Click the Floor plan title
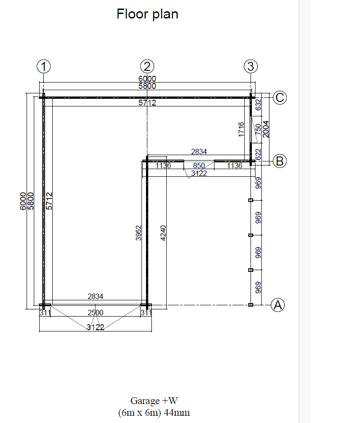[x=147, y=14]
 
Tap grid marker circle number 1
[x=44, y=66]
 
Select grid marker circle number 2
[x=147, y=66]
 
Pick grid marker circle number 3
[x=251, y=66]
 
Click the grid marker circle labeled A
[x=278, y=305]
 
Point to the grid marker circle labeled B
[x=280, y=161]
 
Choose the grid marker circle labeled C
[x=280, y=98]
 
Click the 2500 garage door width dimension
[x=96, y=313]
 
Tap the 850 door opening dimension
[x=199, y=166]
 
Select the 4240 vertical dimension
[x=163, y=233]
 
